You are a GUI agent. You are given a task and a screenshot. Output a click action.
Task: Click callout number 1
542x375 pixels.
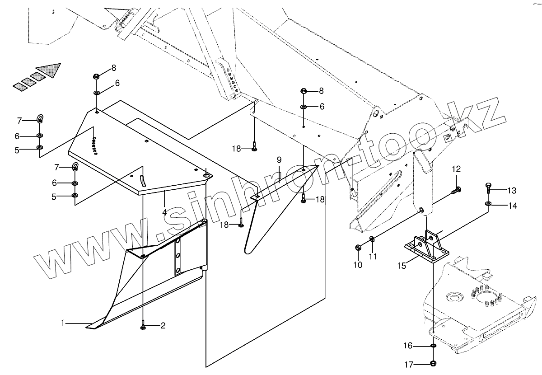pos(64,323)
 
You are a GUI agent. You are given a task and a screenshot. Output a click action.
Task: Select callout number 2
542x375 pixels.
pos(163,325)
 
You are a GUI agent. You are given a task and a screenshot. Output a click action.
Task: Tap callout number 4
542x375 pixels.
pos(164,212)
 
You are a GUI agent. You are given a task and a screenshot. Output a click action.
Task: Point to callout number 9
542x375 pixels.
pos(279,159)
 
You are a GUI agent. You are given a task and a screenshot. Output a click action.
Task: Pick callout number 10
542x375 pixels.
pos(358,265)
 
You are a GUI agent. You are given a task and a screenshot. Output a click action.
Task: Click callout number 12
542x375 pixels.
pos(457,169)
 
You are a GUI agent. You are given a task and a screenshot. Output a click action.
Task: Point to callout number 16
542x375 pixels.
pos(408,346)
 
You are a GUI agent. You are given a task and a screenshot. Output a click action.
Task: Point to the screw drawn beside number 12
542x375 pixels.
pos(457,190)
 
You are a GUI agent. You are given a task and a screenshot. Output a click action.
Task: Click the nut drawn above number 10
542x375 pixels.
pos(358,247)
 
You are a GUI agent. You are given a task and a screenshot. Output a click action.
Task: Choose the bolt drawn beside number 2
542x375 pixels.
pos(143,324)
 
